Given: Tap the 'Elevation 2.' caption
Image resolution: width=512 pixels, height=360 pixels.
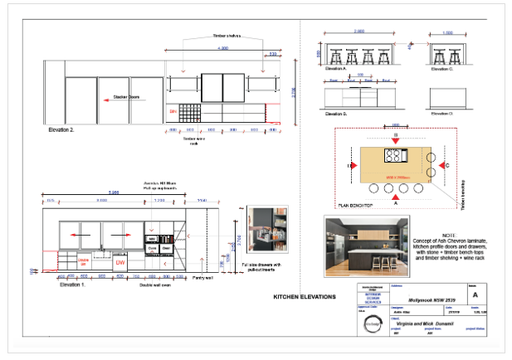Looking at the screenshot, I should [62, 130].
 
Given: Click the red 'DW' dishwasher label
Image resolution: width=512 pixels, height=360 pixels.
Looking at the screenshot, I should [120, 262].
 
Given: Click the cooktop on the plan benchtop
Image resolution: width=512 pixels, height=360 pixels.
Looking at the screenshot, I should [395, 156].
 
